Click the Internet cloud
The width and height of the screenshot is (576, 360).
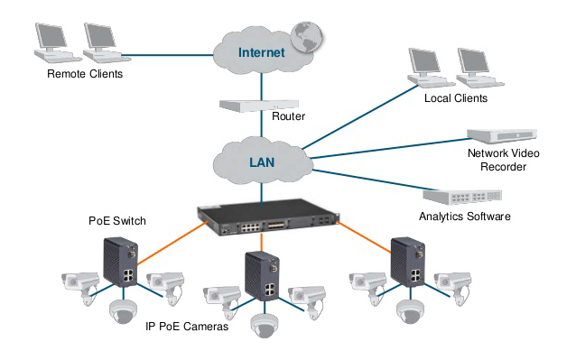261,52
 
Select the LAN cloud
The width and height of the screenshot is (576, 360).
262,163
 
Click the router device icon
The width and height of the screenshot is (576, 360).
244,105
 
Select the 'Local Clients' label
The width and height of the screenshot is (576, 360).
455,97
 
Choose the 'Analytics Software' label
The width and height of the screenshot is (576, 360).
464,217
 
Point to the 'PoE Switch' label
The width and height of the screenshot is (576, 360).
116,220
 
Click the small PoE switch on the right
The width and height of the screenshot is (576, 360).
407,263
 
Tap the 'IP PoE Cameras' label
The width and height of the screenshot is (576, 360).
186,327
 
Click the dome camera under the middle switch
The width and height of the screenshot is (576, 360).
263,325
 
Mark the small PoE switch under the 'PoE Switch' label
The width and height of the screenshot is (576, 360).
119,262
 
